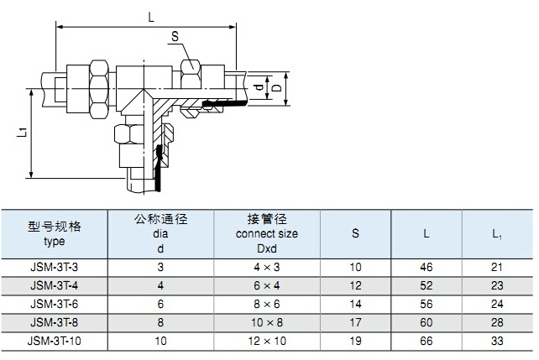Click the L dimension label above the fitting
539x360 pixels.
[x=151, y=17]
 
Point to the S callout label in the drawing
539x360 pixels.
[x=175, y=36]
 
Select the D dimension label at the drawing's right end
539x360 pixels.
[x=277, y=88]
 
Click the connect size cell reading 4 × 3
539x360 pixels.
[x=267, y=266]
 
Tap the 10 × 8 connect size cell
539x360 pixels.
[x=267, y=322]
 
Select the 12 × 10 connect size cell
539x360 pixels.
[x=267, y=341]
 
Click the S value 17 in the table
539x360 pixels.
[x=356, y=322]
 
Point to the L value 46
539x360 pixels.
[x=426, y=266]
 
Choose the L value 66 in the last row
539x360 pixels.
[x=426, y=341]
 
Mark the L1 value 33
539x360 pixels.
[x=497, y=341]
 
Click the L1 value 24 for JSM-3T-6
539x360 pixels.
[x=497, y=304]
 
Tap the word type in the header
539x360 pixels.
[x=54, y=241]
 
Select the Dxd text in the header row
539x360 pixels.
[x=267, y=248]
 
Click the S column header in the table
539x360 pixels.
[x=356, y=233]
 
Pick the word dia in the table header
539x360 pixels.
[x=160, y=234]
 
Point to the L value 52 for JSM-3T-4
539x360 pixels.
[x=426, y=285]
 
